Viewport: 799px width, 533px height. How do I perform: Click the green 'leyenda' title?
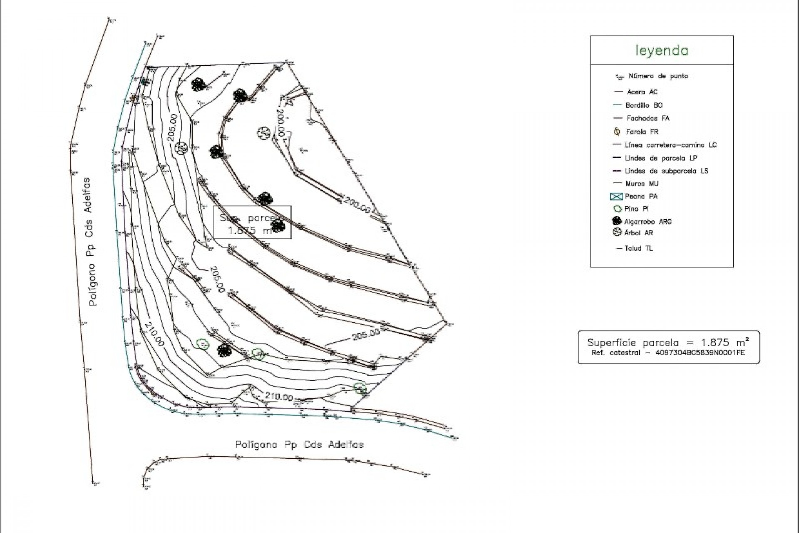[x=662, y=51]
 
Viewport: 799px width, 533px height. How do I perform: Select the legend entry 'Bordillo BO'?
[x=644, y=105]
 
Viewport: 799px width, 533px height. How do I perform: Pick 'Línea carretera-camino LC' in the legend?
[x=670, y=145]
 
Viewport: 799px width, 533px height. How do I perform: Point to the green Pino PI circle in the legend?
[x=617, y=209]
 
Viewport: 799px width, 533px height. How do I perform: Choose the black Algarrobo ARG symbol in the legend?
[x=617, y=221]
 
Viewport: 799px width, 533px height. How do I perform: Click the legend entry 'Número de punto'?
[x=658, y=76]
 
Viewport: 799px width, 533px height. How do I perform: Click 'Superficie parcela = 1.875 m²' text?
[x=668, y=342]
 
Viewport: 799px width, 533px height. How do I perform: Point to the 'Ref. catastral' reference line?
[x=668, y=353]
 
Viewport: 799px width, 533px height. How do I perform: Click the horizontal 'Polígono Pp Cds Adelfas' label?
[x=299, y=444]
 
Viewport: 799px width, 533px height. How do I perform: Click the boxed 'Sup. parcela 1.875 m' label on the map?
[x=252, y=223]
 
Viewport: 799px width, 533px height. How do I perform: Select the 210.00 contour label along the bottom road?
[x=278, y=397]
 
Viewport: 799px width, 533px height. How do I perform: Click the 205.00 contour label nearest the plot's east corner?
[x=366, y=334]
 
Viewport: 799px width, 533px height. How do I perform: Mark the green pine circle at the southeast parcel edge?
[x=360, y=388]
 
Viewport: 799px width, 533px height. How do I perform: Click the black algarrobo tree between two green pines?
[x=224, y=350]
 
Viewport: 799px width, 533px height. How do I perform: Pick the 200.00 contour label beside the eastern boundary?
[x=357, y=206]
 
